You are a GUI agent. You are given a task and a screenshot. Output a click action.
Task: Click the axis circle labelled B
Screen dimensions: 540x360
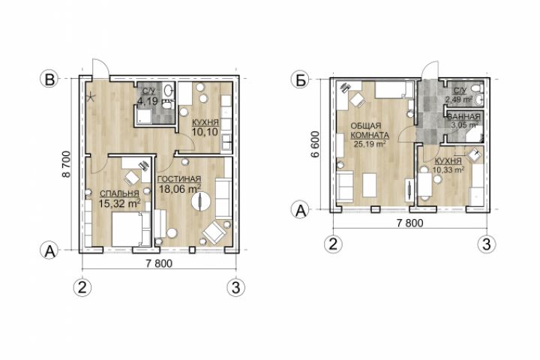click(x=50, y=79)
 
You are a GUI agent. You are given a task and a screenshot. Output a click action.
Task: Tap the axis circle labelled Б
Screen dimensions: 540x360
click(x=301, y=79)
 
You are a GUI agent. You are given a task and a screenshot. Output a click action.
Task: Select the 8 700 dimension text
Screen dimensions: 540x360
click(x=66, y=164)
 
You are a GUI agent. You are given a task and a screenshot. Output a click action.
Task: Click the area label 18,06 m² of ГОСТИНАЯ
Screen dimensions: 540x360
click(x=180, y=188)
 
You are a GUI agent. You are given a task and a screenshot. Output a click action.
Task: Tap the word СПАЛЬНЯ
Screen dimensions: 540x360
click(x=119, y=193)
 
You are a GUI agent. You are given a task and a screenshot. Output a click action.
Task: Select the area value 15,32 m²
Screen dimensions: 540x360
click(x=119, y=203)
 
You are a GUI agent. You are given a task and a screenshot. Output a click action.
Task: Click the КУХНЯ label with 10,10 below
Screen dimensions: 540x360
click(x=205, y=123)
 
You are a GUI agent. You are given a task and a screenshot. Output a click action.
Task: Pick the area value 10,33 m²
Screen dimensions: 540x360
click(x=448, y=169)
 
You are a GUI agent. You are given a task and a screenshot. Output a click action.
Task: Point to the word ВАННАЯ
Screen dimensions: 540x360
click(x=463, y=116)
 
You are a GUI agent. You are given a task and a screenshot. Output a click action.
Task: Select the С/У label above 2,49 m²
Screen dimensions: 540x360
click(x=459, y=91)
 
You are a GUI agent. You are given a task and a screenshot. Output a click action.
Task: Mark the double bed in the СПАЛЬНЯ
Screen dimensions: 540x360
click(x=127, y=229)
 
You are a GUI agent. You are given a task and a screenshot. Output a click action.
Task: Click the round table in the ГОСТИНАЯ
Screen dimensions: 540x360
click(x=199, y=200)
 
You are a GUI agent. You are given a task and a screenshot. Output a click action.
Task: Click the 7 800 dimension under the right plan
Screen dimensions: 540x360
click(x=409, y=223)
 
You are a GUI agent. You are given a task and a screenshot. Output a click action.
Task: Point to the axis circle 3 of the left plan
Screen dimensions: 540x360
click(x=236, y=287)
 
